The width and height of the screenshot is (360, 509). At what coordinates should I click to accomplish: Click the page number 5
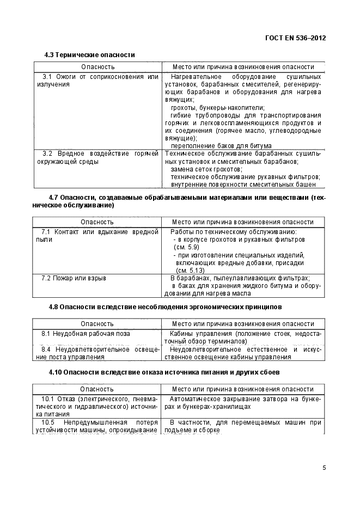click(x=324, y=467)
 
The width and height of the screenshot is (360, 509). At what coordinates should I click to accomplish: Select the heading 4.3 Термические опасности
click(x=89, y=55)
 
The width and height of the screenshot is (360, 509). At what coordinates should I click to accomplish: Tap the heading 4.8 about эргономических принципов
click(x=165, y=307)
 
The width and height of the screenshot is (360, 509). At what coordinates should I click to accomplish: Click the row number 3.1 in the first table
click(x=47, y=77)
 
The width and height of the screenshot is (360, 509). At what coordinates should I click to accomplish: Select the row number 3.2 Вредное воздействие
click(x=47, y=154)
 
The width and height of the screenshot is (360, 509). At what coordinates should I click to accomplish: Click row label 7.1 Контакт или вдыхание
click(x=46, y=232)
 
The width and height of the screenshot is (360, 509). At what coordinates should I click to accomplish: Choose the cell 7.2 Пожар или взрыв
click(x=74, y=278)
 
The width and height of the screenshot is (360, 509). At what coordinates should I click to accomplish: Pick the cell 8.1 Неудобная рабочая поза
click(x=86, y=333)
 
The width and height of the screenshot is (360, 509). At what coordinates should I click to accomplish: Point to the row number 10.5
click(x=47, y=422)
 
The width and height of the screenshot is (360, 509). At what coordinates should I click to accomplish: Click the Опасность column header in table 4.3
click(x=97, y=66)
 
